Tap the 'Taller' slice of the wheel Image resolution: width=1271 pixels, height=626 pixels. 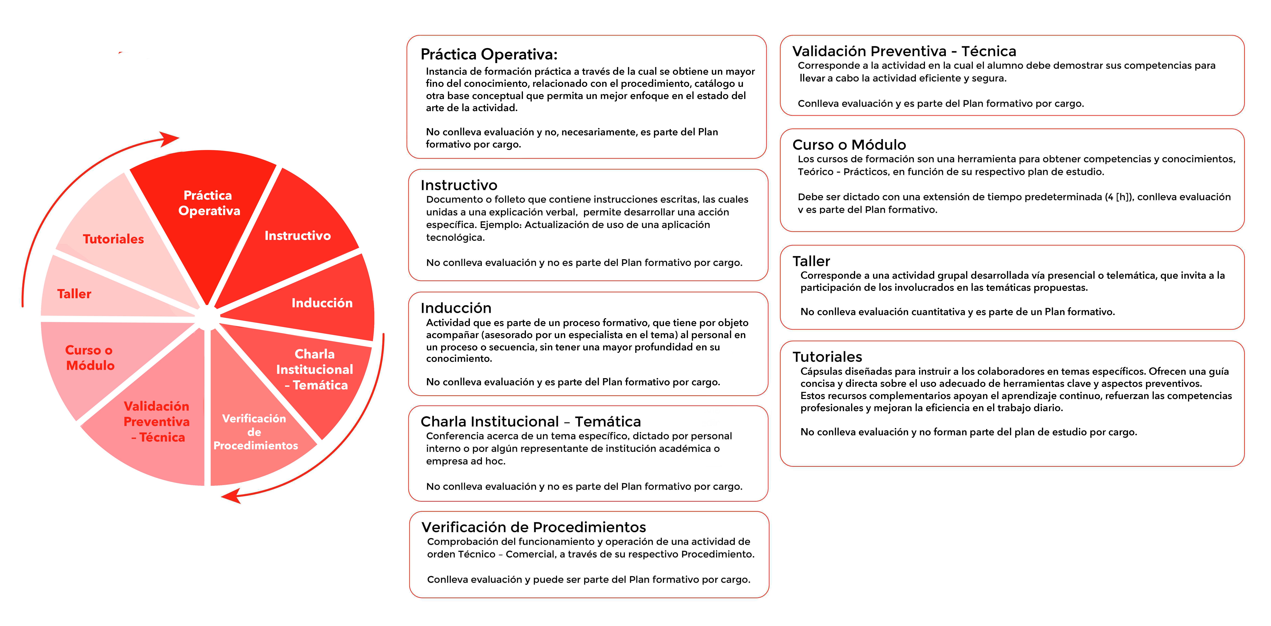pos(74,294)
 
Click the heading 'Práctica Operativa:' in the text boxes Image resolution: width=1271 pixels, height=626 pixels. pos(489,54)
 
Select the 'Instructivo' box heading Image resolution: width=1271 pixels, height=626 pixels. pos(459,185)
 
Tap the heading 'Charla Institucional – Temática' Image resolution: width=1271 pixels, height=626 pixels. pos(530,422)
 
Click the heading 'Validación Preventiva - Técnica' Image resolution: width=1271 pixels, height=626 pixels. pos(904,51)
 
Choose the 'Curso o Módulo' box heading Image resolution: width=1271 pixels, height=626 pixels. pos(849,145)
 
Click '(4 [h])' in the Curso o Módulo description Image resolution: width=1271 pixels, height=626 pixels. pos(1119,197)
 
